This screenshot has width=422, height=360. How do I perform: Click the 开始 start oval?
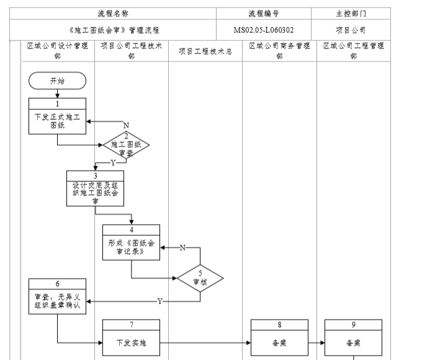coord(56,81)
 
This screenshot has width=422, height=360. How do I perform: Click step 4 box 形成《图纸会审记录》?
coord(131,244)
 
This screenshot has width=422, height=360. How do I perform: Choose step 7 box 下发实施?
coord(131,339)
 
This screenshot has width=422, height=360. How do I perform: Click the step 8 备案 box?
coord(279,339)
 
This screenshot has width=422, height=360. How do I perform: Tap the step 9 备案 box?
coord(353,339)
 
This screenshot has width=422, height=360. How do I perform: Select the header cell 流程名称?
coord(114,13)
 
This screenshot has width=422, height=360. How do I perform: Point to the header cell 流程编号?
coord(264,13)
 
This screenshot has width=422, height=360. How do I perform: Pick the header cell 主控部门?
coord(351,13)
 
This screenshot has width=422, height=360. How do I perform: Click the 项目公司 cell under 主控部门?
coord(351,29)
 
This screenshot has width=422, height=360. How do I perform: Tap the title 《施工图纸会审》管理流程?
coord(114,29)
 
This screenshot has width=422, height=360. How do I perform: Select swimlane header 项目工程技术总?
coord(205,52)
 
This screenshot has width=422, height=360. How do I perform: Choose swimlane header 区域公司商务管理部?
coord(279,51)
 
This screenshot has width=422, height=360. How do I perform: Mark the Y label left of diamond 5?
coord(159,301)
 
